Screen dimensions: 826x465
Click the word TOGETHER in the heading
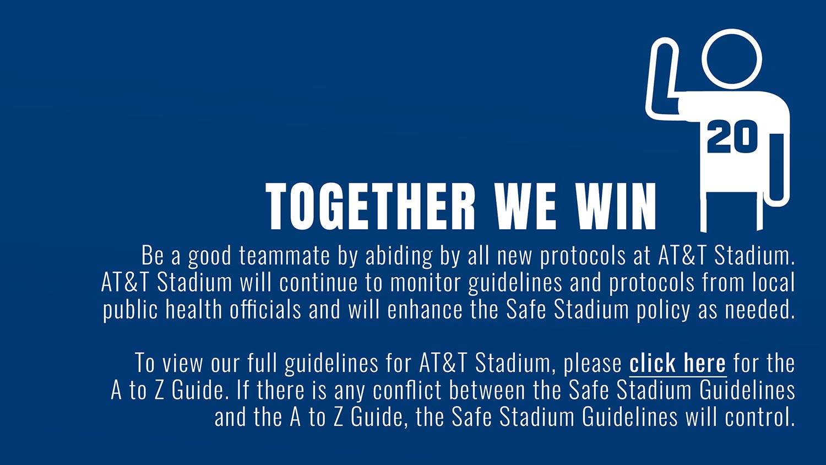(371, 206)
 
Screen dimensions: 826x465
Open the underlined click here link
(678, 363)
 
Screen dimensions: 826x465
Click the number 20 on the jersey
(732, 137)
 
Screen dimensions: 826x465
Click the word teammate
(284, 256)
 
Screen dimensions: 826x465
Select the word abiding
(399, 256)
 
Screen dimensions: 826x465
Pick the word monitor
(425, 283)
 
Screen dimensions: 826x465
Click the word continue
(318, 283)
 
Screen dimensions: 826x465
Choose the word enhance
(425, 310)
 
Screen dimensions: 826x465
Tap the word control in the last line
(759, 417)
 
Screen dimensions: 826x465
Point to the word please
(593, 364)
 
